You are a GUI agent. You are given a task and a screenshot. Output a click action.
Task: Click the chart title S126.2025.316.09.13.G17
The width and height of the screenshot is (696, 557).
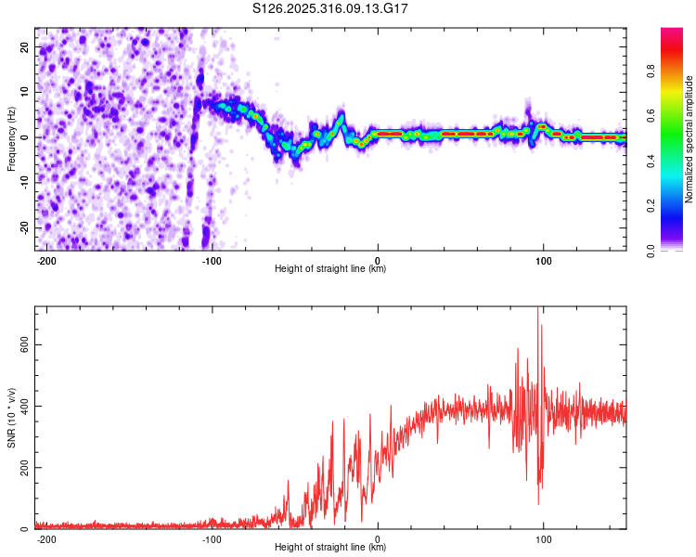pyautogui.click(x=331, y=9)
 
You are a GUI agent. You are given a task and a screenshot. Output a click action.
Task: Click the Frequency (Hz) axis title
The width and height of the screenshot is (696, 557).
pyautogui.click(x=11, y=138)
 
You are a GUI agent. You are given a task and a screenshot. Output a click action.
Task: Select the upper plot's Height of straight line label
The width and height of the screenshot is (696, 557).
pyautogui.click(x=330, y=268)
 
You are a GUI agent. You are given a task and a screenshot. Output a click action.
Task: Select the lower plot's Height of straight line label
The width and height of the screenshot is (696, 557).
pyautogui.click(x=330, y=547)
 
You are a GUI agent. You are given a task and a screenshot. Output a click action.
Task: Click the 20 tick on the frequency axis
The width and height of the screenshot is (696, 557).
pyautogui.click(x=24, y=46)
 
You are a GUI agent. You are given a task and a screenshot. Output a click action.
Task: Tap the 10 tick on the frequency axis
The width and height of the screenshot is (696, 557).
pyautogui.click(x=24, y=92)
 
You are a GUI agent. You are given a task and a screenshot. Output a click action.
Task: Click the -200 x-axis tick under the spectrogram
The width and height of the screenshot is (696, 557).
pyautogui.click(x=46, y=259)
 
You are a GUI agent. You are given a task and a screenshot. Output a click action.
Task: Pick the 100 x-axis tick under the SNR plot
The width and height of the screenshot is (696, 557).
pyautogui.click(x=543, y=538)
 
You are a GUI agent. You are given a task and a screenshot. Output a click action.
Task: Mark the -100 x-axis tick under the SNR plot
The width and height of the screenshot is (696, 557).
pyautogui.click(x=212, y=538)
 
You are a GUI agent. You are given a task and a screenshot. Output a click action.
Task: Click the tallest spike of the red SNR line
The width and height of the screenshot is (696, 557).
pyautogui.click(x=538, y=310)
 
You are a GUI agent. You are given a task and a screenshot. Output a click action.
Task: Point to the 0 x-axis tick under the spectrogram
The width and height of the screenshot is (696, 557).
pyautogui.click(x=378, y=259)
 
